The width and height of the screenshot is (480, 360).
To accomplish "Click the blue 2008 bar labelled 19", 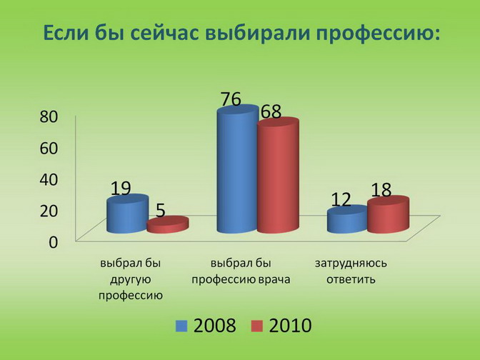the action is point(127,214).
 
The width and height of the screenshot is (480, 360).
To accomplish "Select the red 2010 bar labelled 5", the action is point(167,225).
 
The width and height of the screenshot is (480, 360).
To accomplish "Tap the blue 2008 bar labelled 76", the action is point(238,169).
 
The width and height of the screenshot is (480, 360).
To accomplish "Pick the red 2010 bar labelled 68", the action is point(278,176).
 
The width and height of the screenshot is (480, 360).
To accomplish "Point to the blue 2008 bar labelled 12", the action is point(347,219).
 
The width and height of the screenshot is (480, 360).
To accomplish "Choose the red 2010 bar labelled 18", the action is point(388,214).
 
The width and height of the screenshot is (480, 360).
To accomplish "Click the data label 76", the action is point(231,99).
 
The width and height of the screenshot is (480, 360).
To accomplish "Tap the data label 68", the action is point(271,111).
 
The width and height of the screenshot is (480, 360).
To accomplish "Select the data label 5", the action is point(161,211).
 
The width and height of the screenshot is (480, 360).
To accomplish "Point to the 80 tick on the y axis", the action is point(49,116).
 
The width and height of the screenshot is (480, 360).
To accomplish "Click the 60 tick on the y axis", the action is point(49,148).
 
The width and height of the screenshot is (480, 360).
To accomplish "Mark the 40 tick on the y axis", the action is point(49,179).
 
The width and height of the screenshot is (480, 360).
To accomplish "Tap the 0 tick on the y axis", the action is point(54,242).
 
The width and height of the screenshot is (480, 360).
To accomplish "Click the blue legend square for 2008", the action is point(181,326).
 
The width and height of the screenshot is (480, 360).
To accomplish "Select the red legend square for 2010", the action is point(257,326).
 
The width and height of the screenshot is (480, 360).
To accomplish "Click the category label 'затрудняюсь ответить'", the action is point(351,271).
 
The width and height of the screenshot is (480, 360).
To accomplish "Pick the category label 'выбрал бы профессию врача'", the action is point(241,271).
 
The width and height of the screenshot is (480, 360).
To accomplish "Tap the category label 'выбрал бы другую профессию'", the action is point(131,279).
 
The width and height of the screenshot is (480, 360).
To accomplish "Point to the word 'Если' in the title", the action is point(65,32).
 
